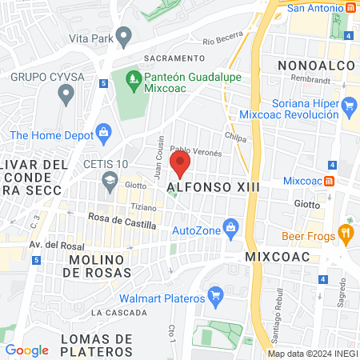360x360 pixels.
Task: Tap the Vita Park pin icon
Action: [x=123, y=36]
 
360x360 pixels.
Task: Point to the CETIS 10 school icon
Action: [x=108, y=181]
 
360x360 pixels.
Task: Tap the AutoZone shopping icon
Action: [x=231, y=227]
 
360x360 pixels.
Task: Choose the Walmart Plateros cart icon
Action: [x=214, y=296]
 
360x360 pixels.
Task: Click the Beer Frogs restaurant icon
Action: [x=346, y=233]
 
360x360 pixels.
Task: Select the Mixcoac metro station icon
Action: [x=328, y=180]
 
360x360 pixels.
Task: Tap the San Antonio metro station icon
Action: [x=351, y=8]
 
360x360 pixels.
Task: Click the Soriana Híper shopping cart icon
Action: [x=349, y=105]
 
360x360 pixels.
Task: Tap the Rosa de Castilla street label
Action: [x=122, y=225]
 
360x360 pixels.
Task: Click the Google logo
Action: [x=27, y=350]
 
